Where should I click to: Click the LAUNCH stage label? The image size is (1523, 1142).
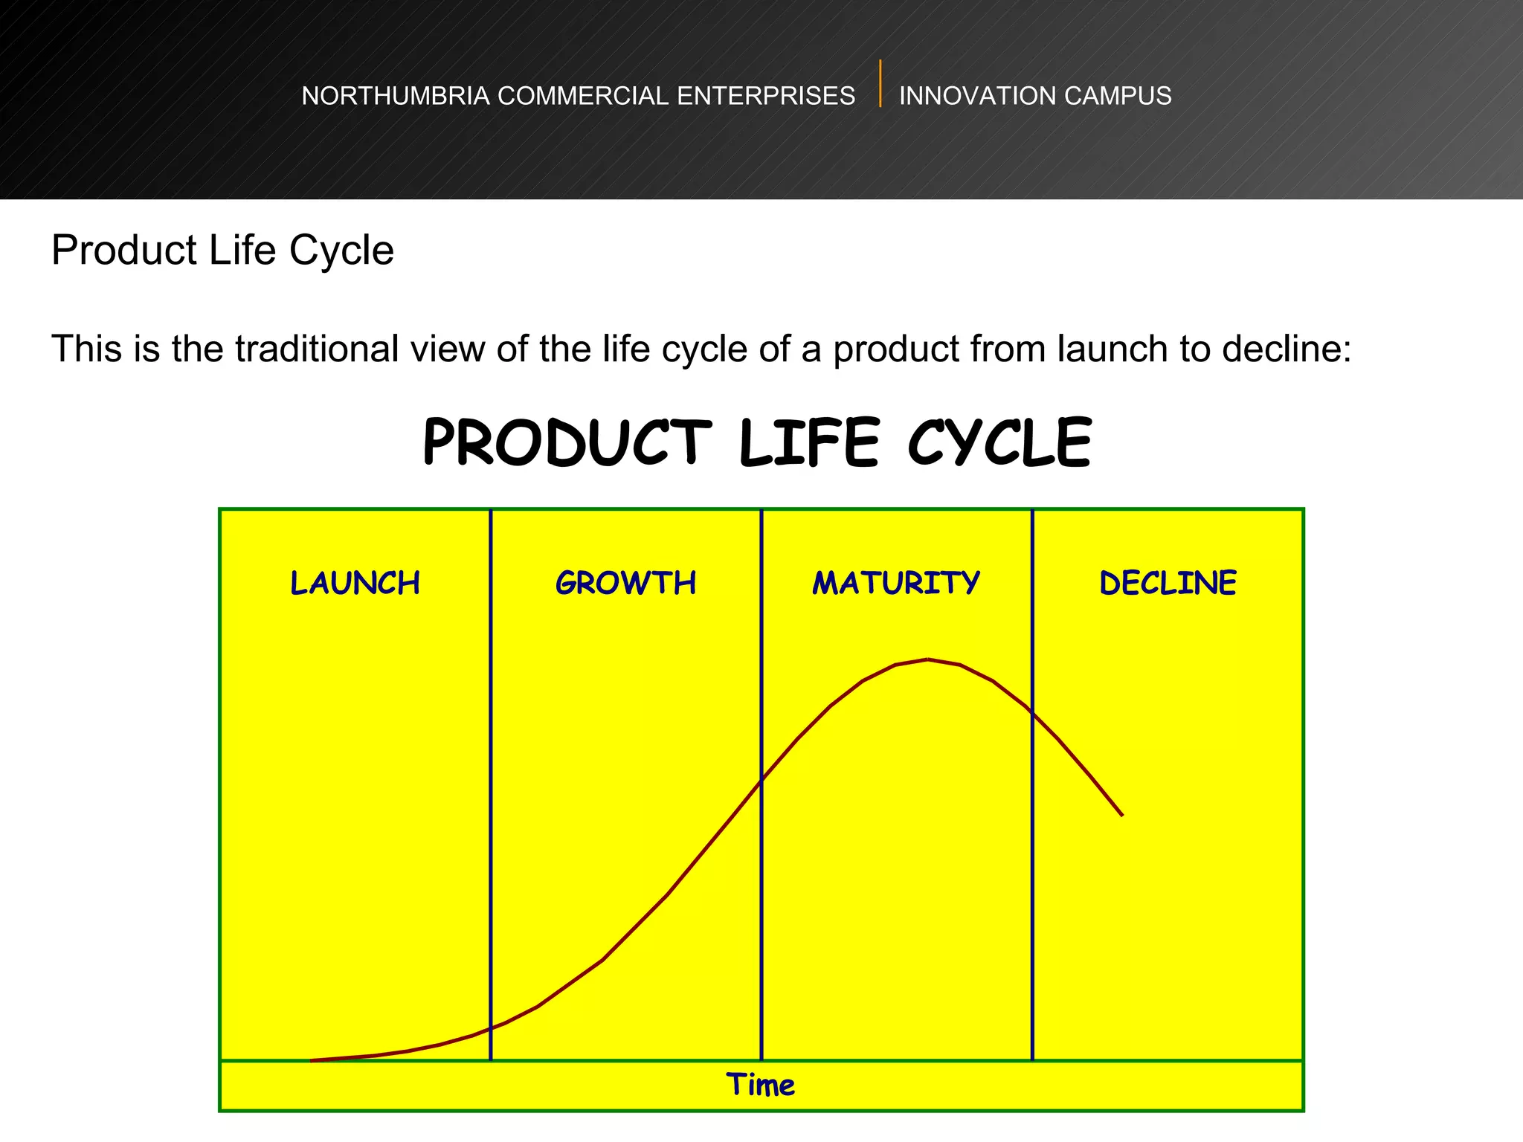355,583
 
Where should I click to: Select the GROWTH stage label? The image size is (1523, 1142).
625,583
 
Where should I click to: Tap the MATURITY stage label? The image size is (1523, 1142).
896,583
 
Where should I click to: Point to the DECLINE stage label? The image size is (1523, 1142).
1168,583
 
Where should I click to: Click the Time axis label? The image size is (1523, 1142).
760,1085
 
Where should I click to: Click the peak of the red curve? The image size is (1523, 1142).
927,659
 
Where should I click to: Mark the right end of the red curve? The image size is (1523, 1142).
1121,815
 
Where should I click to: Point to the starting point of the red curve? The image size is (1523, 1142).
312,1060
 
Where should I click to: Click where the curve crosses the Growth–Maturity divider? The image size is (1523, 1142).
761,780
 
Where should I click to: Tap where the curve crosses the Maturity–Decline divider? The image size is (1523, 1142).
1032,712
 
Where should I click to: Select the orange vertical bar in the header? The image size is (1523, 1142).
880,83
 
